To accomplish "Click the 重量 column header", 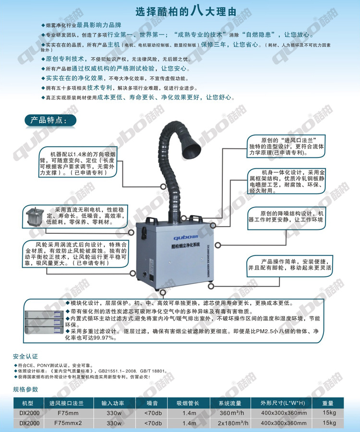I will tap(328, 403).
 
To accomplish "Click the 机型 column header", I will tap(27, 403).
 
